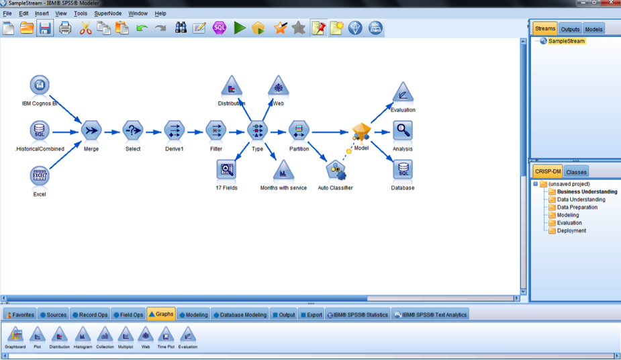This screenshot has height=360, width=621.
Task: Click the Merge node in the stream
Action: tap(91, 130)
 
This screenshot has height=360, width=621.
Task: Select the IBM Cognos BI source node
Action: tap(40, 85)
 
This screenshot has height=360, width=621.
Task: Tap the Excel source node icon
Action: tap(40, 175)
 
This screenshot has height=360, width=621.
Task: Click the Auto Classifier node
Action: tap(336, 171)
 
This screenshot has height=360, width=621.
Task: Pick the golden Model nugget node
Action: tap(361, 132)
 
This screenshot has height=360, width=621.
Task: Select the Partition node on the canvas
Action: tap(299, 130)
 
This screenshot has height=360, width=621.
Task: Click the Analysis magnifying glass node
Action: tap(403, 130)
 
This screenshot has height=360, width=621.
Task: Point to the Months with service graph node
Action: tap(283, 170)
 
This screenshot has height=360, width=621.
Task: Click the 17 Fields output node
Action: tap(226, 169)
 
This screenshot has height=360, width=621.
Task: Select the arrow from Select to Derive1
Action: tap(154, 132)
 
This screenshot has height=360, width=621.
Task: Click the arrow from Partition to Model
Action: tap(330, 132)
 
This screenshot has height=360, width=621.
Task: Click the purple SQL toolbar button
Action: tap(219, 28)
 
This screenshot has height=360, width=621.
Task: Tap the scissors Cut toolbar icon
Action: tap(85, 28)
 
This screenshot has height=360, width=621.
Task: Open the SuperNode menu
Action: tap(107, 13)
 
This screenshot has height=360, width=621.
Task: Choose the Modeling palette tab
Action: tap(193, 315)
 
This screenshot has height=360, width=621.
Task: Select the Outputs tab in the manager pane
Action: tap(570, 29)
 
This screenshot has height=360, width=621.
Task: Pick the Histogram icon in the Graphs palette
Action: tap(83, 337)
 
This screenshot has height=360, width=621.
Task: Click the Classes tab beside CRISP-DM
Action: tap(576, 172)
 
